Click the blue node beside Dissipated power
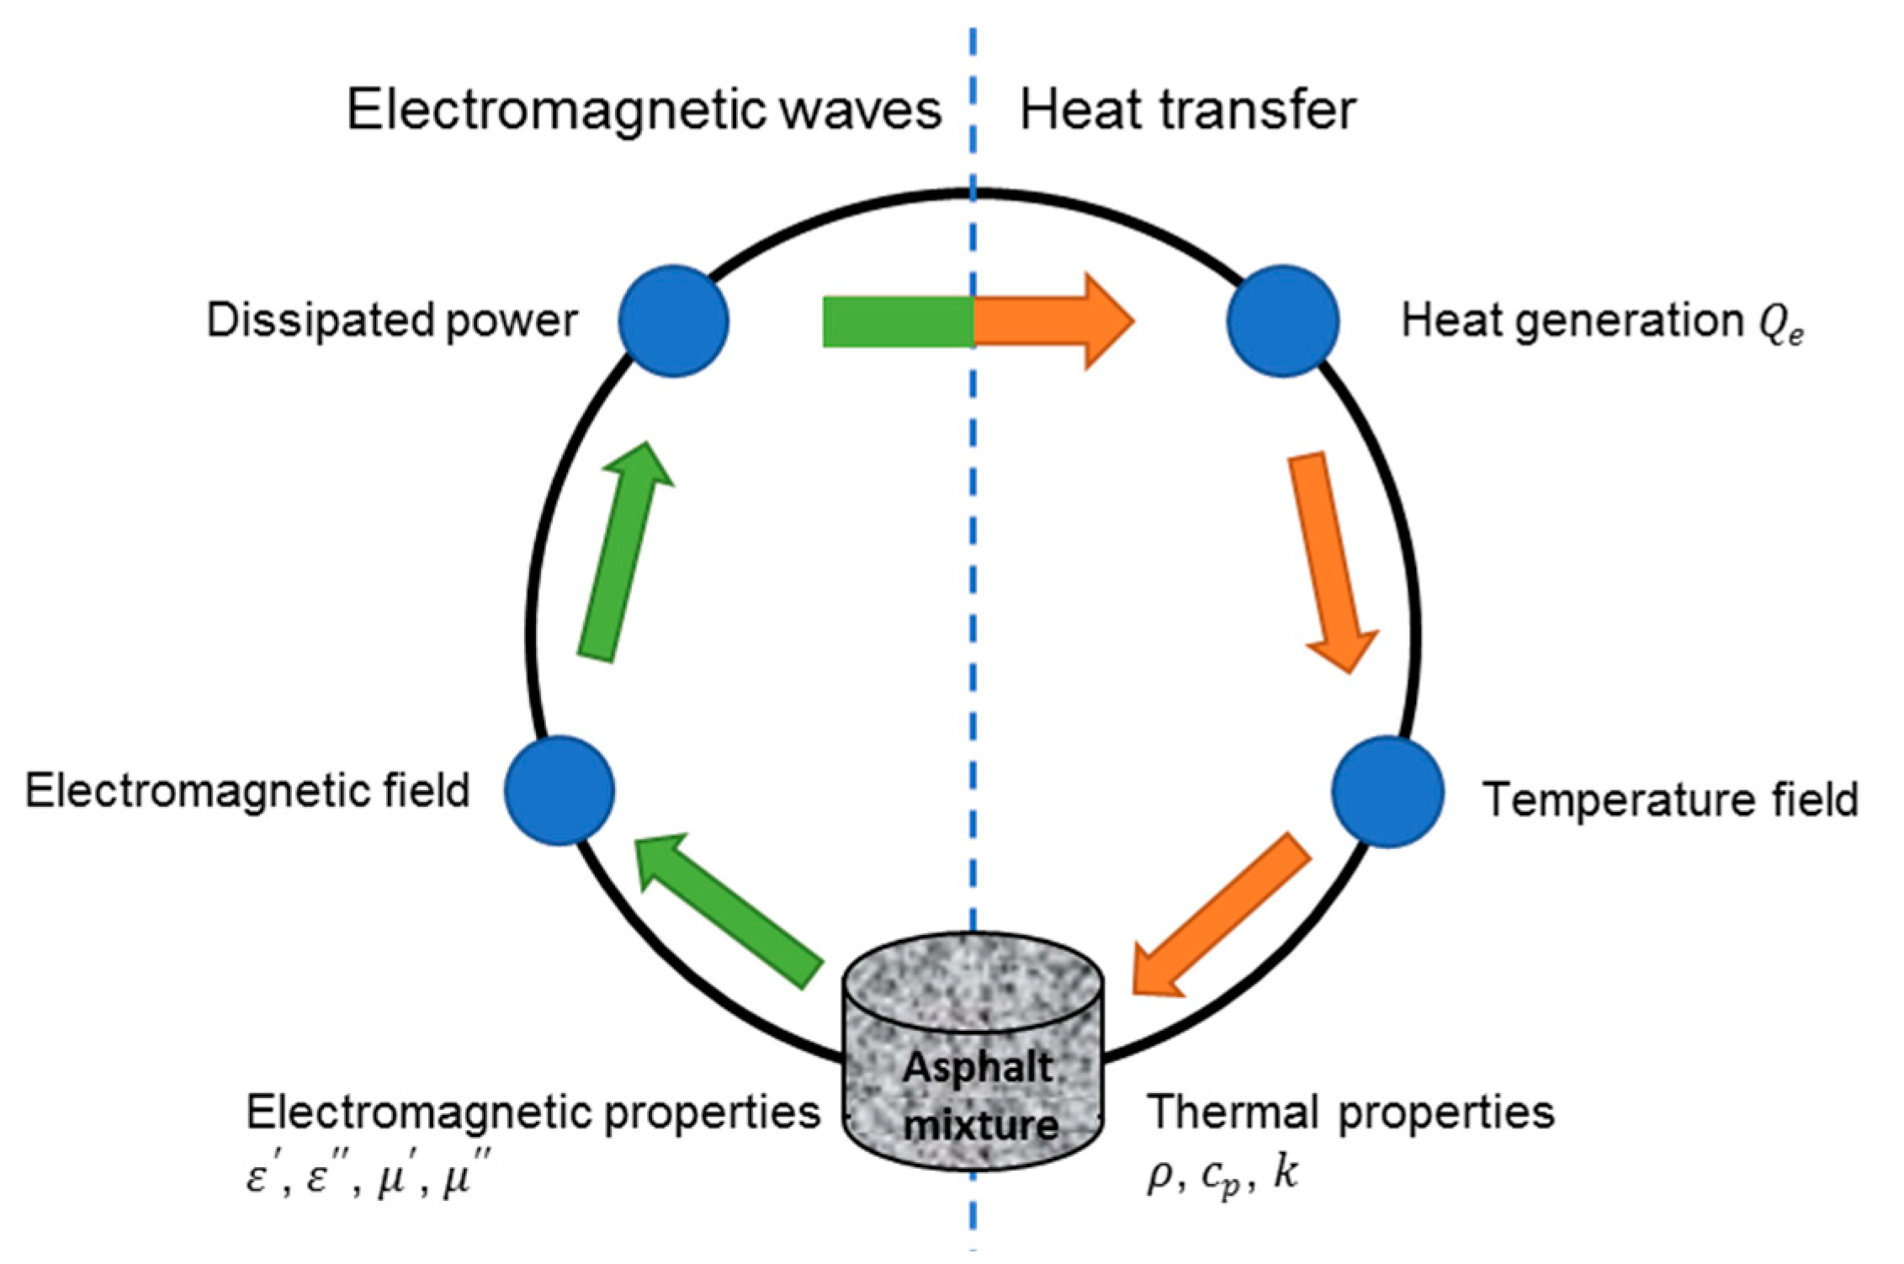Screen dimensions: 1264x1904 tap(673, 321)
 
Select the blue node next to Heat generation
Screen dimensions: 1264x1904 tap(1282, 321)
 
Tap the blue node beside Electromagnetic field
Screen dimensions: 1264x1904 tap(560, 790)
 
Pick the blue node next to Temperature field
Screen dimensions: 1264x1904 tap(1387, 791)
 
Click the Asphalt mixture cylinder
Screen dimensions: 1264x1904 tap(973, 1052)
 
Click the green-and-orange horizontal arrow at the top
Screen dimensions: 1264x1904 tap(976, 321)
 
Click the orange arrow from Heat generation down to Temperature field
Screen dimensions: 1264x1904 tap(1334, 560)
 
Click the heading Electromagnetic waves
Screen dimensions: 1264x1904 tap(644, 110)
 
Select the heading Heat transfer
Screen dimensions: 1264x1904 tap(1187, 110)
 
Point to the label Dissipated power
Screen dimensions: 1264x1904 tap(391, 321)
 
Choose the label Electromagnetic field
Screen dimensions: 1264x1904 tap(247, 791)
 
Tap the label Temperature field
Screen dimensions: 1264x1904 tap(1670, 799)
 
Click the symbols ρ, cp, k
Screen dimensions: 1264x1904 tap(1222, 1174)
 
